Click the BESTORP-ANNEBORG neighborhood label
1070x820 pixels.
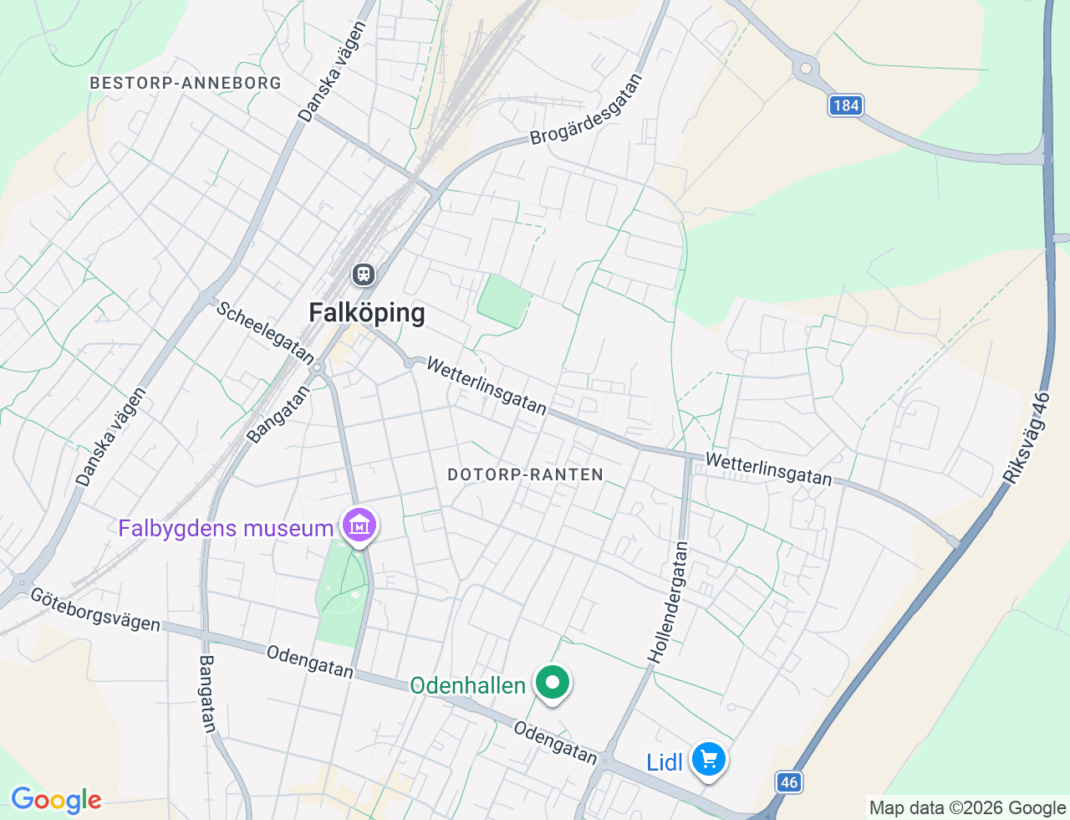[186, 83]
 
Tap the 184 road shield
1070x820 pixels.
[846, 105]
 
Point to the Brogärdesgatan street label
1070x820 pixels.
[587, 110]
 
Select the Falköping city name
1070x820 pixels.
[367, 313]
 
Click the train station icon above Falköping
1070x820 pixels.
[363, 274]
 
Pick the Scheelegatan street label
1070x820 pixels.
[265, 332]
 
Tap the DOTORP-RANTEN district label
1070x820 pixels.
[525, 474]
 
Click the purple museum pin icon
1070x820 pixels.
[359, 525]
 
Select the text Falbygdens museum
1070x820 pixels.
[226, 529]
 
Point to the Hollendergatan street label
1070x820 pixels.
[670, 602]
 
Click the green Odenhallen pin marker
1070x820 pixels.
[552, 682]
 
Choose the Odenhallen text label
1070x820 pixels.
[467, 686]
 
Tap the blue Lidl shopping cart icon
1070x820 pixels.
[709, 760]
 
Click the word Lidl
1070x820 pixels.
[665, 762]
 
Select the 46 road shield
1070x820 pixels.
[788, 782]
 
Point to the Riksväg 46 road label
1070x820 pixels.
[1027, 438]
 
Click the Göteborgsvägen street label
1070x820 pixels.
[95, 609]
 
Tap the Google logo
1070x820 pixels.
[56, 801]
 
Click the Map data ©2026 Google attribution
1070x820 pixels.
[967, 807]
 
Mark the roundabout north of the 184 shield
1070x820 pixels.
[806, 69]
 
